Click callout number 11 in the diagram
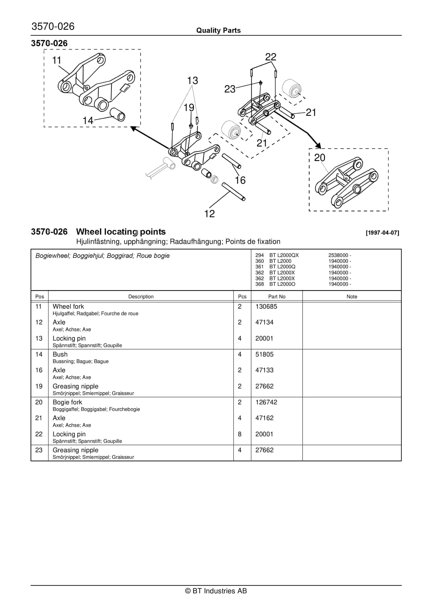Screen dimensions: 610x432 point(56,60)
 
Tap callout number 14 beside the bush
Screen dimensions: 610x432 point(88,121)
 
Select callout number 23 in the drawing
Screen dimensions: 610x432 point(230,89)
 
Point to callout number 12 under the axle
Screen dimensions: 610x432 point(209,214)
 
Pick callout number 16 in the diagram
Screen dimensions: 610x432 point(240,180)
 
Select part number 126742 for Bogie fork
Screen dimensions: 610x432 point(266,402)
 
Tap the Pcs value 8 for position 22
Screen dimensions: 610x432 point(239,434)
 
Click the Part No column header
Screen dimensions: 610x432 point(277,296)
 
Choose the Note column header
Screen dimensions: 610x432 point(352,296)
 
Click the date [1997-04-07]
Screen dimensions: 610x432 point(382,233)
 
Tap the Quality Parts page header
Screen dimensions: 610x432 point(218,30)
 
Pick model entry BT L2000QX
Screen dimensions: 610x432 point(284,255)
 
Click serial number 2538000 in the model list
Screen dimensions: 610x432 point(338,255)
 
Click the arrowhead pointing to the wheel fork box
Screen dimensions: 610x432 point(134,128)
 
